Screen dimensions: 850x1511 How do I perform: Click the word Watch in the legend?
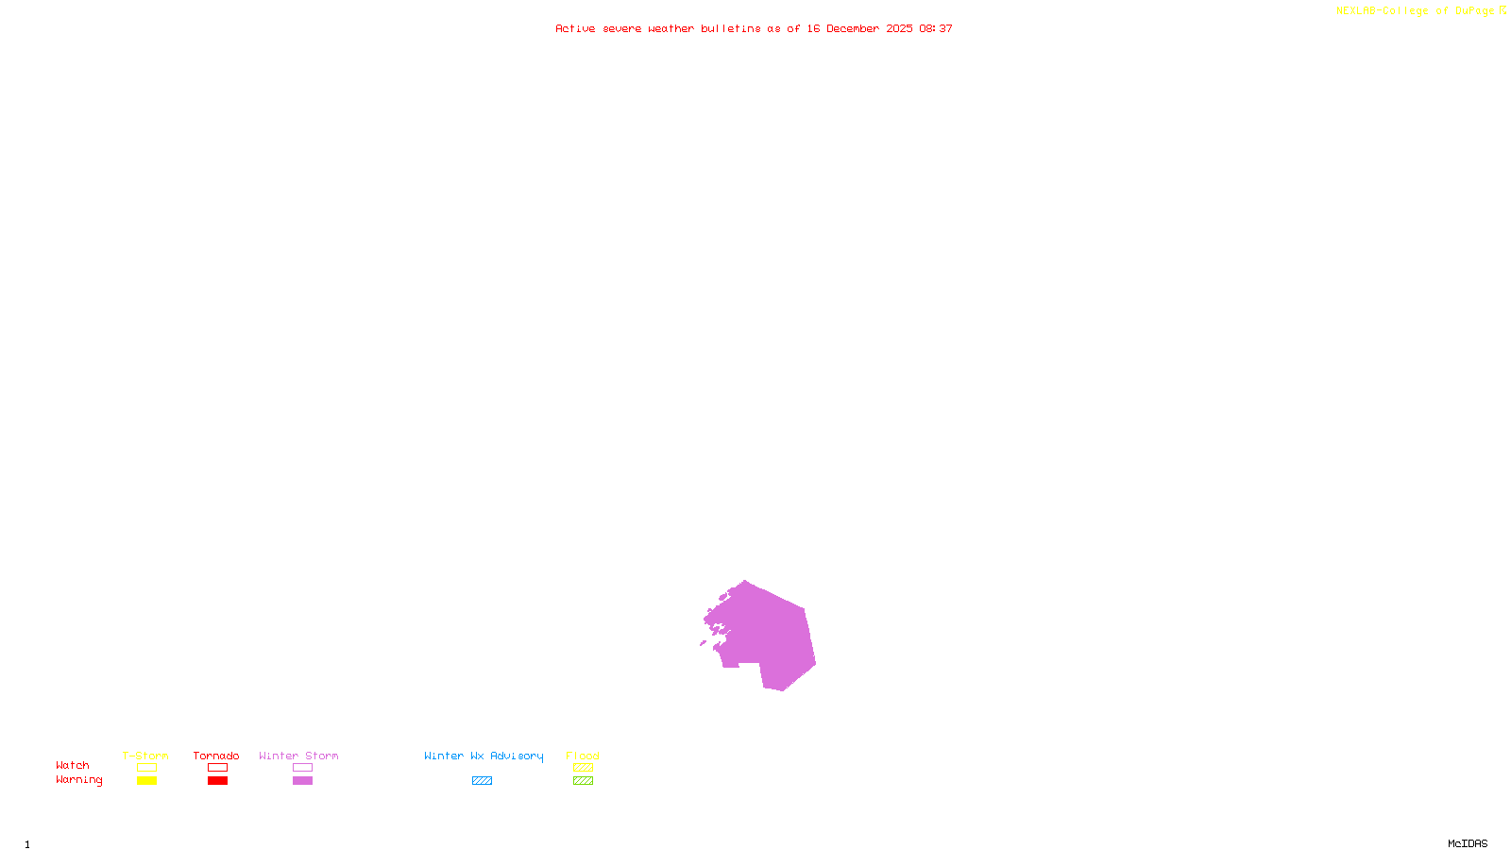pyautogui.click(x=73, y=765)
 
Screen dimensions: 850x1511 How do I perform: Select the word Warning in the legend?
pyautogui.click(x=78, y=780)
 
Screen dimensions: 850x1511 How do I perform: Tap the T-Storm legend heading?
pyautogui.click(x=145, y=756)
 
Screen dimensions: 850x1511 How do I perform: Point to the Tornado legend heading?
pyautogui.click(x=216, y=756)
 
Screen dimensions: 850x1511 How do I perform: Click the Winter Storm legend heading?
pyautogui.click(x=298, y=756)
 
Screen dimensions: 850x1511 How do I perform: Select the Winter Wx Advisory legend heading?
pyautogui.click(x=484, y=756)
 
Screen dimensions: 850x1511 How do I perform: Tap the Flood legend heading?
pyautogui.click(x=583, y=756)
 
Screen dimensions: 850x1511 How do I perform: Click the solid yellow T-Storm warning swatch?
pyautogui.click(x=146, y=781)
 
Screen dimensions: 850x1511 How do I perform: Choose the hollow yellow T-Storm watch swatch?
pyautogui.click(x=146, y=768)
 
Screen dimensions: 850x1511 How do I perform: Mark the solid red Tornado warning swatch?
pyautogui.click(x=217, y=781)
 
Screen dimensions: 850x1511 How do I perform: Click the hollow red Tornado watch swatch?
pyautogui.click(x=217, y=768)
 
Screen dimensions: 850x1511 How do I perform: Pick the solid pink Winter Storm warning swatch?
pyautogui.click(x=302, y=781)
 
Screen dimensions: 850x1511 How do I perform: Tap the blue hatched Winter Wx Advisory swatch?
pyautogui.click(x=482, y=781)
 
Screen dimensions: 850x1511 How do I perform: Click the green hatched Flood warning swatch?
pyautogui.click(x=583, y=781)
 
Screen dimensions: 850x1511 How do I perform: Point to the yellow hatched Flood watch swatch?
pyautogui.click(x=583, y=768)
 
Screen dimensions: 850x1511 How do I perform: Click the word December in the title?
pyautogui.click(x=853, y=28)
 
